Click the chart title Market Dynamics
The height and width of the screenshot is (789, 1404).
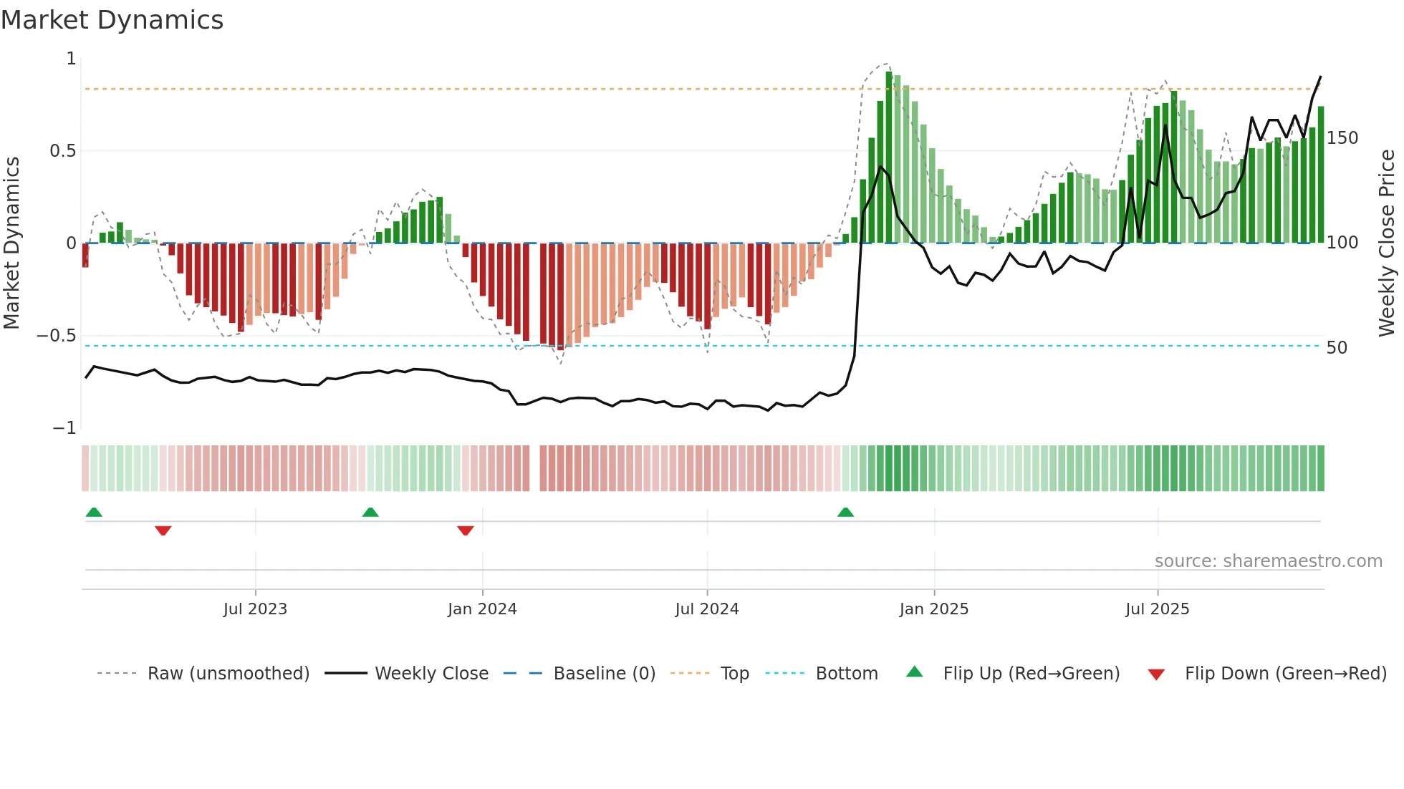pyautogui.click(x=112, y=20)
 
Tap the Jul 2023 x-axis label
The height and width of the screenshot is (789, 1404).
pyautogui.click(x=255, y=609)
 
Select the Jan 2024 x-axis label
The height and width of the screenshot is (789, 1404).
pyautogui.click(x=482, y=609)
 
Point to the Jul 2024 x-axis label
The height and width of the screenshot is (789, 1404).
pyautogui.click(x=706, y=609)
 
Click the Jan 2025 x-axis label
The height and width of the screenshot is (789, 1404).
pyautogui.click(x=933, y=609)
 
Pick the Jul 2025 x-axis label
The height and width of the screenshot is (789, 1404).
pyautogui.click(x=1157, y=609)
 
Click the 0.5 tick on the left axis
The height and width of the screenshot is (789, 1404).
pyautogui.click(x=62, y=151)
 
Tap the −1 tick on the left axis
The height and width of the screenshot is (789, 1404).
pyautogui.click(x=64, y=428)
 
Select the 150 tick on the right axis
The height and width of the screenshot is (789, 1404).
pyautogui.click(x=1342, y=138)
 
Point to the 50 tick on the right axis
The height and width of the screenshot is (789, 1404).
pyautogui.click(x=1337, y=348)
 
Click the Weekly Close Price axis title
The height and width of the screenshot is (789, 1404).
pyautogui.click(x=1387, y=243)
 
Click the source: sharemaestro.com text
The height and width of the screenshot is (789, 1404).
pyautogui.click(x=1268, y=561)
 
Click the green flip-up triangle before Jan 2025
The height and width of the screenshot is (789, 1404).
pyautogui.click(x=845, y=512)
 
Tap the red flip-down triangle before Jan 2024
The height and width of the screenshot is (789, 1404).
pyautogui.click(x=466, y=531)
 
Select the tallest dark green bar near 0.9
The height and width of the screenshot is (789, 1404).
pyautogui.click(x=889, y=158)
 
